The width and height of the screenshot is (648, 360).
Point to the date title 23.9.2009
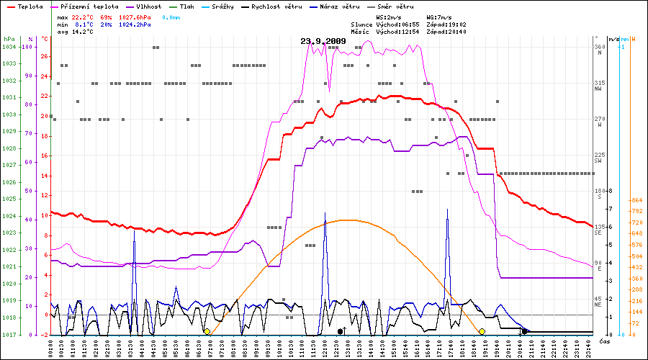coord(323,41)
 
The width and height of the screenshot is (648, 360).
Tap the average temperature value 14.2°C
coord(82,32)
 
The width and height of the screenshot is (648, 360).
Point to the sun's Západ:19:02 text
coord(446,24)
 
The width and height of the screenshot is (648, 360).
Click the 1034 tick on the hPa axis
coord(9,48)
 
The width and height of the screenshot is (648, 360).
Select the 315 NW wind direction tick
coord(598,85)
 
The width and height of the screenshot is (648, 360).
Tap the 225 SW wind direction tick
coord(598,157)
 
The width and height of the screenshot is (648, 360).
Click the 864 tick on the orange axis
coord(636,201)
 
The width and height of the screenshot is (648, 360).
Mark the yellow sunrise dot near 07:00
coord(207,331)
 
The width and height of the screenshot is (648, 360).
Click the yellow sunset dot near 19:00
coord(482,331)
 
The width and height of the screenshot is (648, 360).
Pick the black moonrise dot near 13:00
coord(340,331)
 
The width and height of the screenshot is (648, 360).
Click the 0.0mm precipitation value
coord(171,16)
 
